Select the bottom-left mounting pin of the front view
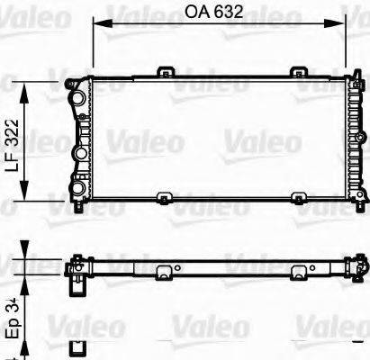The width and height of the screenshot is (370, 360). point(80,209)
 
